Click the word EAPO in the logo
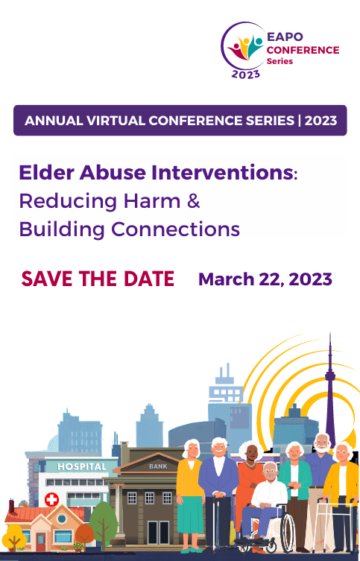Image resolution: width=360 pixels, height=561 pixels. click(285, 37)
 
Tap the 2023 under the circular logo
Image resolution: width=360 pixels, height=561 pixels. click(245, 75)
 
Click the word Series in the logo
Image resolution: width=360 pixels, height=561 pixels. click(280, 61)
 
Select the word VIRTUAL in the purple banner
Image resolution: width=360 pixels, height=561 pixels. click(116, 121)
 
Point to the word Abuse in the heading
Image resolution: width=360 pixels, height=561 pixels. click(113, 172)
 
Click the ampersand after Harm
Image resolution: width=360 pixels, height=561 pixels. click(193, 200)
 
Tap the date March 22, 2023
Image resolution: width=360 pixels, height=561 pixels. click(265, 279)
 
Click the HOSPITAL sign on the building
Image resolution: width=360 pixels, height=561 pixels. click(82, 466)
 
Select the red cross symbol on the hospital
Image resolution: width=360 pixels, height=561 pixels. click(51, 499)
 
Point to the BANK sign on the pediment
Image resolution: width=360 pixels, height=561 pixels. click(158, 466)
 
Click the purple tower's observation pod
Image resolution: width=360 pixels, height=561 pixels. click(330, 376)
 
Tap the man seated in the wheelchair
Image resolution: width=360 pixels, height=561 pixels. click(264, 501)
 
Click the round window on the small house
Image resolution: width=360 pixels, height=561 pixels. click(62, 519)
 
